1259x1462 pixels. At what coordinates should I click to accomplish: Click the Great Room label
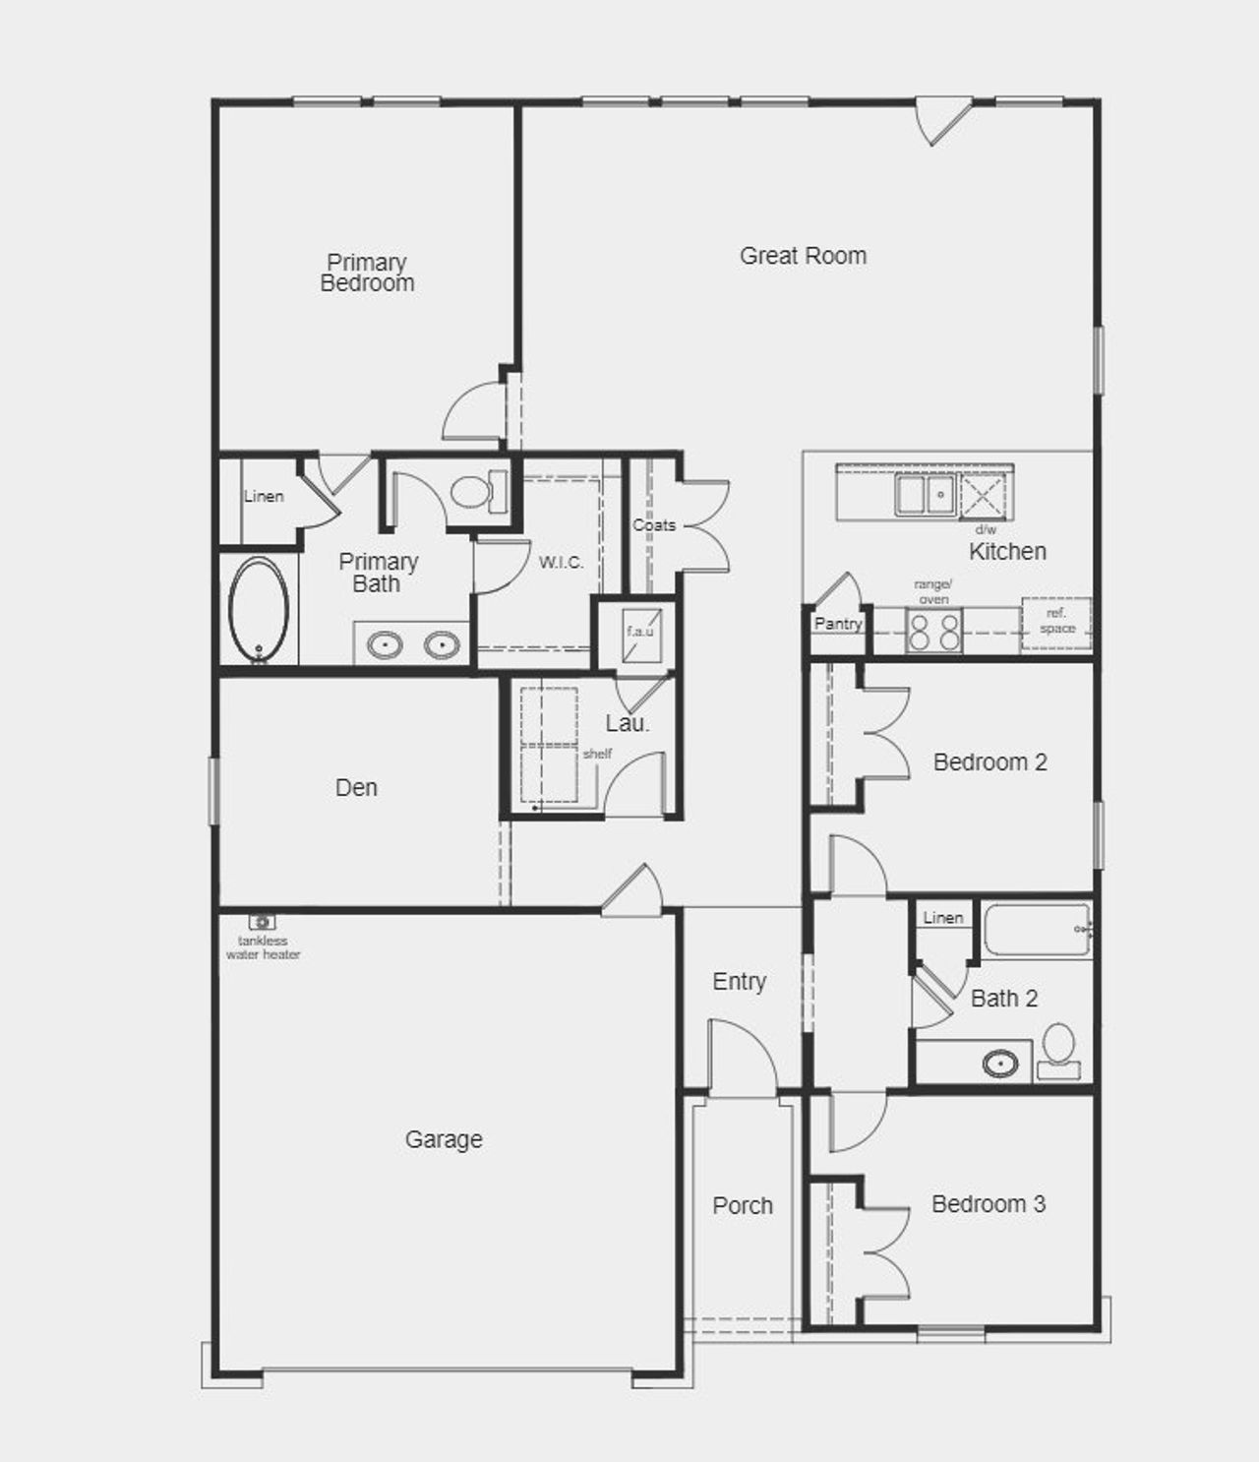803,256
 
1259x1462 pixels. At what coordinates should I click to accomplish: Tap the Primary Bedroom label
367,273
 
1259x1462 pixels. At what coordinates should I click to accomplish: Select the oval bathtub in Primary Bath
259,609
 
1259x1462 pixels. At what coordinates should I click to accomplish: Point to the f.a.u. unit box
640,632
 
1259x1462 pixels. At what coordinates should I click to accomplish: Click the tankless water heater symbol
262,922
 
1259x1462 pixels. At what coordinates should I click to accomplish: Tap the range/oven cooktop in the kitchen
933,631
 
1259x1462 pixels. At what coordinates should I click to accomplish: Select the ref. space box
1056,622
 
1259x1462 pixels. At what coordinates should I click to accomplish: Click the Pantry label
837,623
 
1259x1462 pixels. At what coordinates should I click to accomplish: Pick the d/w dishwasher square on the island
983,495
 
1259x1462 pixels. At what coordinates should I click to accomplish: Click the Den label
356,787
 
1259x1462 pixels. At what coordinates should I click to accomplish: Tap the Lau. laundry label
627,724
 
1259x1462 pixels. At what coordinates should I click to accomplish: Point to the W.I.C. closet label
561,563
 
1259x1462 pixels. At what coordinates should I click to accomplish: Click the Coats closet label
654,525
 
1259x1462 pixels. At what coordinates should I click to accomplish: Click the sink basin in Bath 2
1000,1063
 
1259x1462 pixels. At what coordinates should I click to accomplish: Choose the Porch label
743,1205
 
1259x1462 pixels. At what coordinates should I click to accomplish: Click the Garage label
444,1139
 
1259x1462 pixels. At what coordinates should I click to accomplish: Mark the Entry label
739,981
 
